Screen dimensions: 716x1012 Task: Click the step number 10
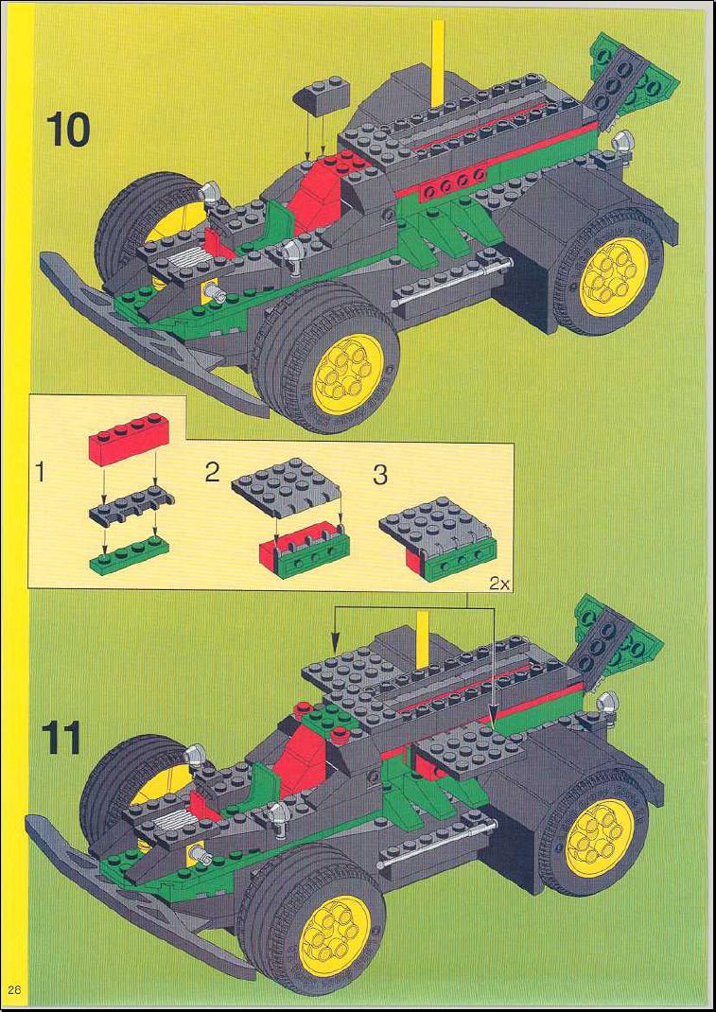[x=66, y=131]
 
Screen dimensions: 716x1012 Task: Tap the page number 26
[x=15, y=989]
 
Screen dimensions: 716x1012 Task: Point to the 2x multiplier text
[x=499, y=585]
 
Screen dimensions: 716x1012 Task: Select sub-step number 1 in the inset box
[x=40, y=475]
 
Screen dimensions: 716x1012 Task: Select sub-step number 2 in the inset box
[x=213, y=473]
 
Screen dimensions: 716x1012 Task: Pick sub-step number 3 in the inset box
[x=380, y=476]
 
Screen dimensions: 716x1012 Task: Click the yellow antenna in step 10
[x=438, y=62]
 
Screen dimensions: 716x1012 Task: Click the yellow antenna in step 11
[x=423, y=639]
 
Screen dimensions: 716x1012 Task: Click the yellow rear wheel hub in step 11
[x=598, y=837]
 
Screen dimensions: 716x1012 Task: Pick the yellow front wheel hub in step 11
[x=336, y=935]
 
